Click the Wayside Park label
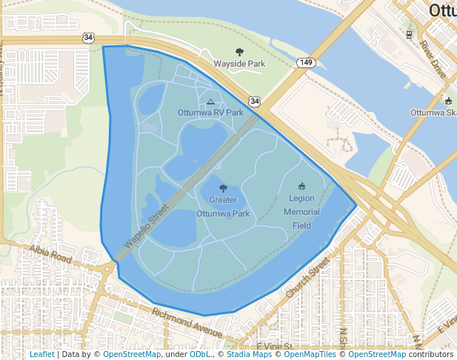tap(239, 64)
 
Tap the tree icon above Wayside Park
tap(239, 52)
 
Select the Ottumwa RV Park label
tap(210, 113)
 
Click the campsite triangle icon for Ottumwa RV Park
tap(210, 101)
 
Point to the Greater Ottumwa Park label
tap(223, 207)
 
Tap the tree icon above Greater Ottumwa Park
tap(223, 188)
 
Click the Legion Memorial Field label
tap(301, 212)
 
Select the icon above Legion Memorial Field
tap(301, 185)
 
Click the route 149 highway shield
tap(307, 62)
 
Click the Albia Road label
tap(51, 254)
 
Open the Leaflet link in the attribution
tap(41, 354)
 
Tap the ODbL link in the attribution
tap(200, 354)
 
